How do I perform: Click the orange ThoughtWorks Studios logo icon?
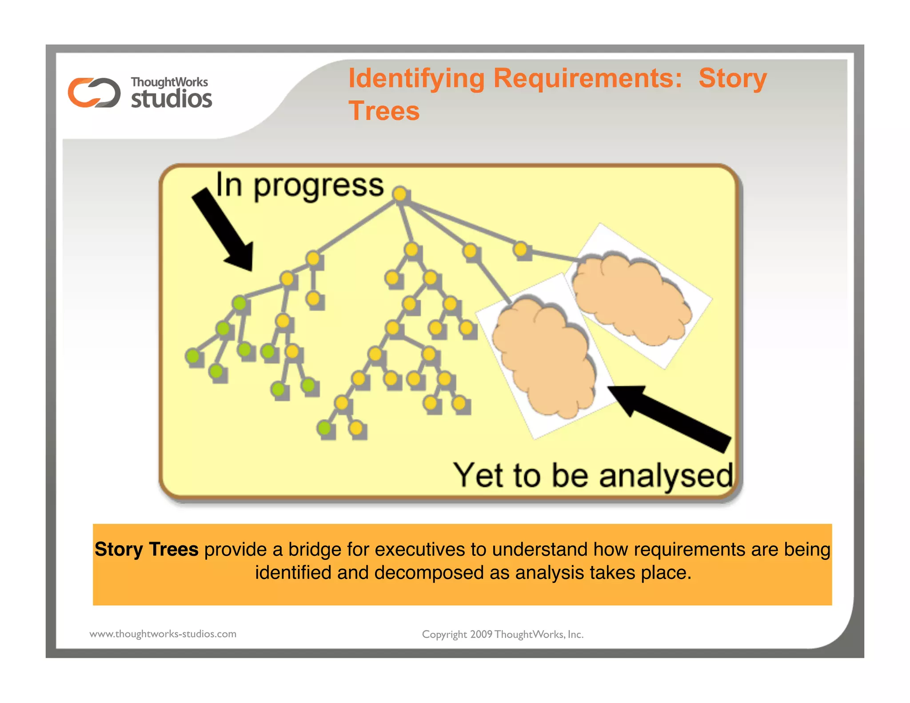(94, 92)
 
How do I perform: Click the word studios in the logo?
(172, 99)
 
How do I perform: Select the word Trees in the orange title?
(384, 111)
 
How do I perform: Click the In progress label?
(299, 185)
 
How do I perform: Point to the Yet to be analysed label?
(593, 475)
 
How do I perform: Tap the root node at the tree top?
(400, 194)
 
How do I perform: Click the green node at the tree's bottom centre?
(325, 428)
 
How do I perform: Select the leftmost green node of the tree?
(193, 355)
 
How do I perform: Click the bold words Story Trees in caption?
(146, 549)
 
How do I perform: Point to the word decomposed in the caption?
(428, 573)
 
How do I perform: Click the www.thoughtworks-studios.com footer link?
(163, 634)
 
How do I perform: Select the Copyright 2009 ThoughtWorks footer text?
(503, 634)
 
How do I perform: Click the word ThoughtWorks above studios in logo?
(169, 82)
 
